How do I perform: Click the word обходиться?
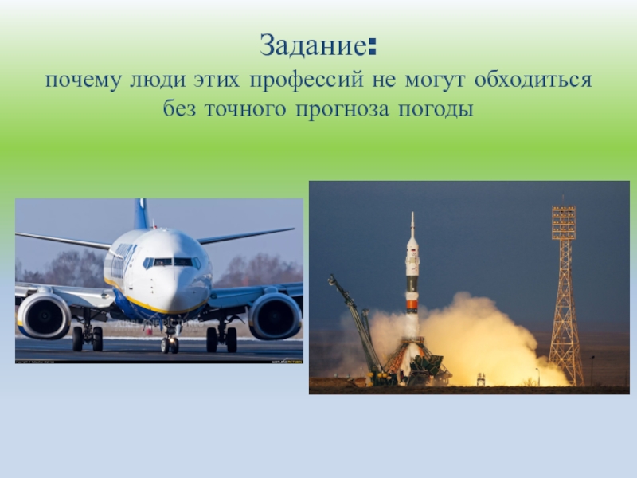[x=533, y=81]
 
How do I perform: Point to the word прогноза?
[x=342, y=108]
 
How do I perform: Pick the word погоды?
[x=433, y=108]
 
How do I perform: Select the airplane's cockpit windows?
[x=172, y=261]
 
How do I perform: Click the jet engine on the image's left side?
[x=45, y=315]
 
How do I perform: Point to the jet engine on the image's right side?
[x=275, y=315]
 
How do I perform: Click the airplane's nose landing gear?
[x=170, y=340]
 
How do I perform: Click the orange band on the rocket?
[x=412, y=304]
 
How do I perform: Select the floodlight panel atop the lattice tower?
[x=564, y=223]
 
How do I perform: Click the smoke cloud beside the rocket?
[x=486, y=339]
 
